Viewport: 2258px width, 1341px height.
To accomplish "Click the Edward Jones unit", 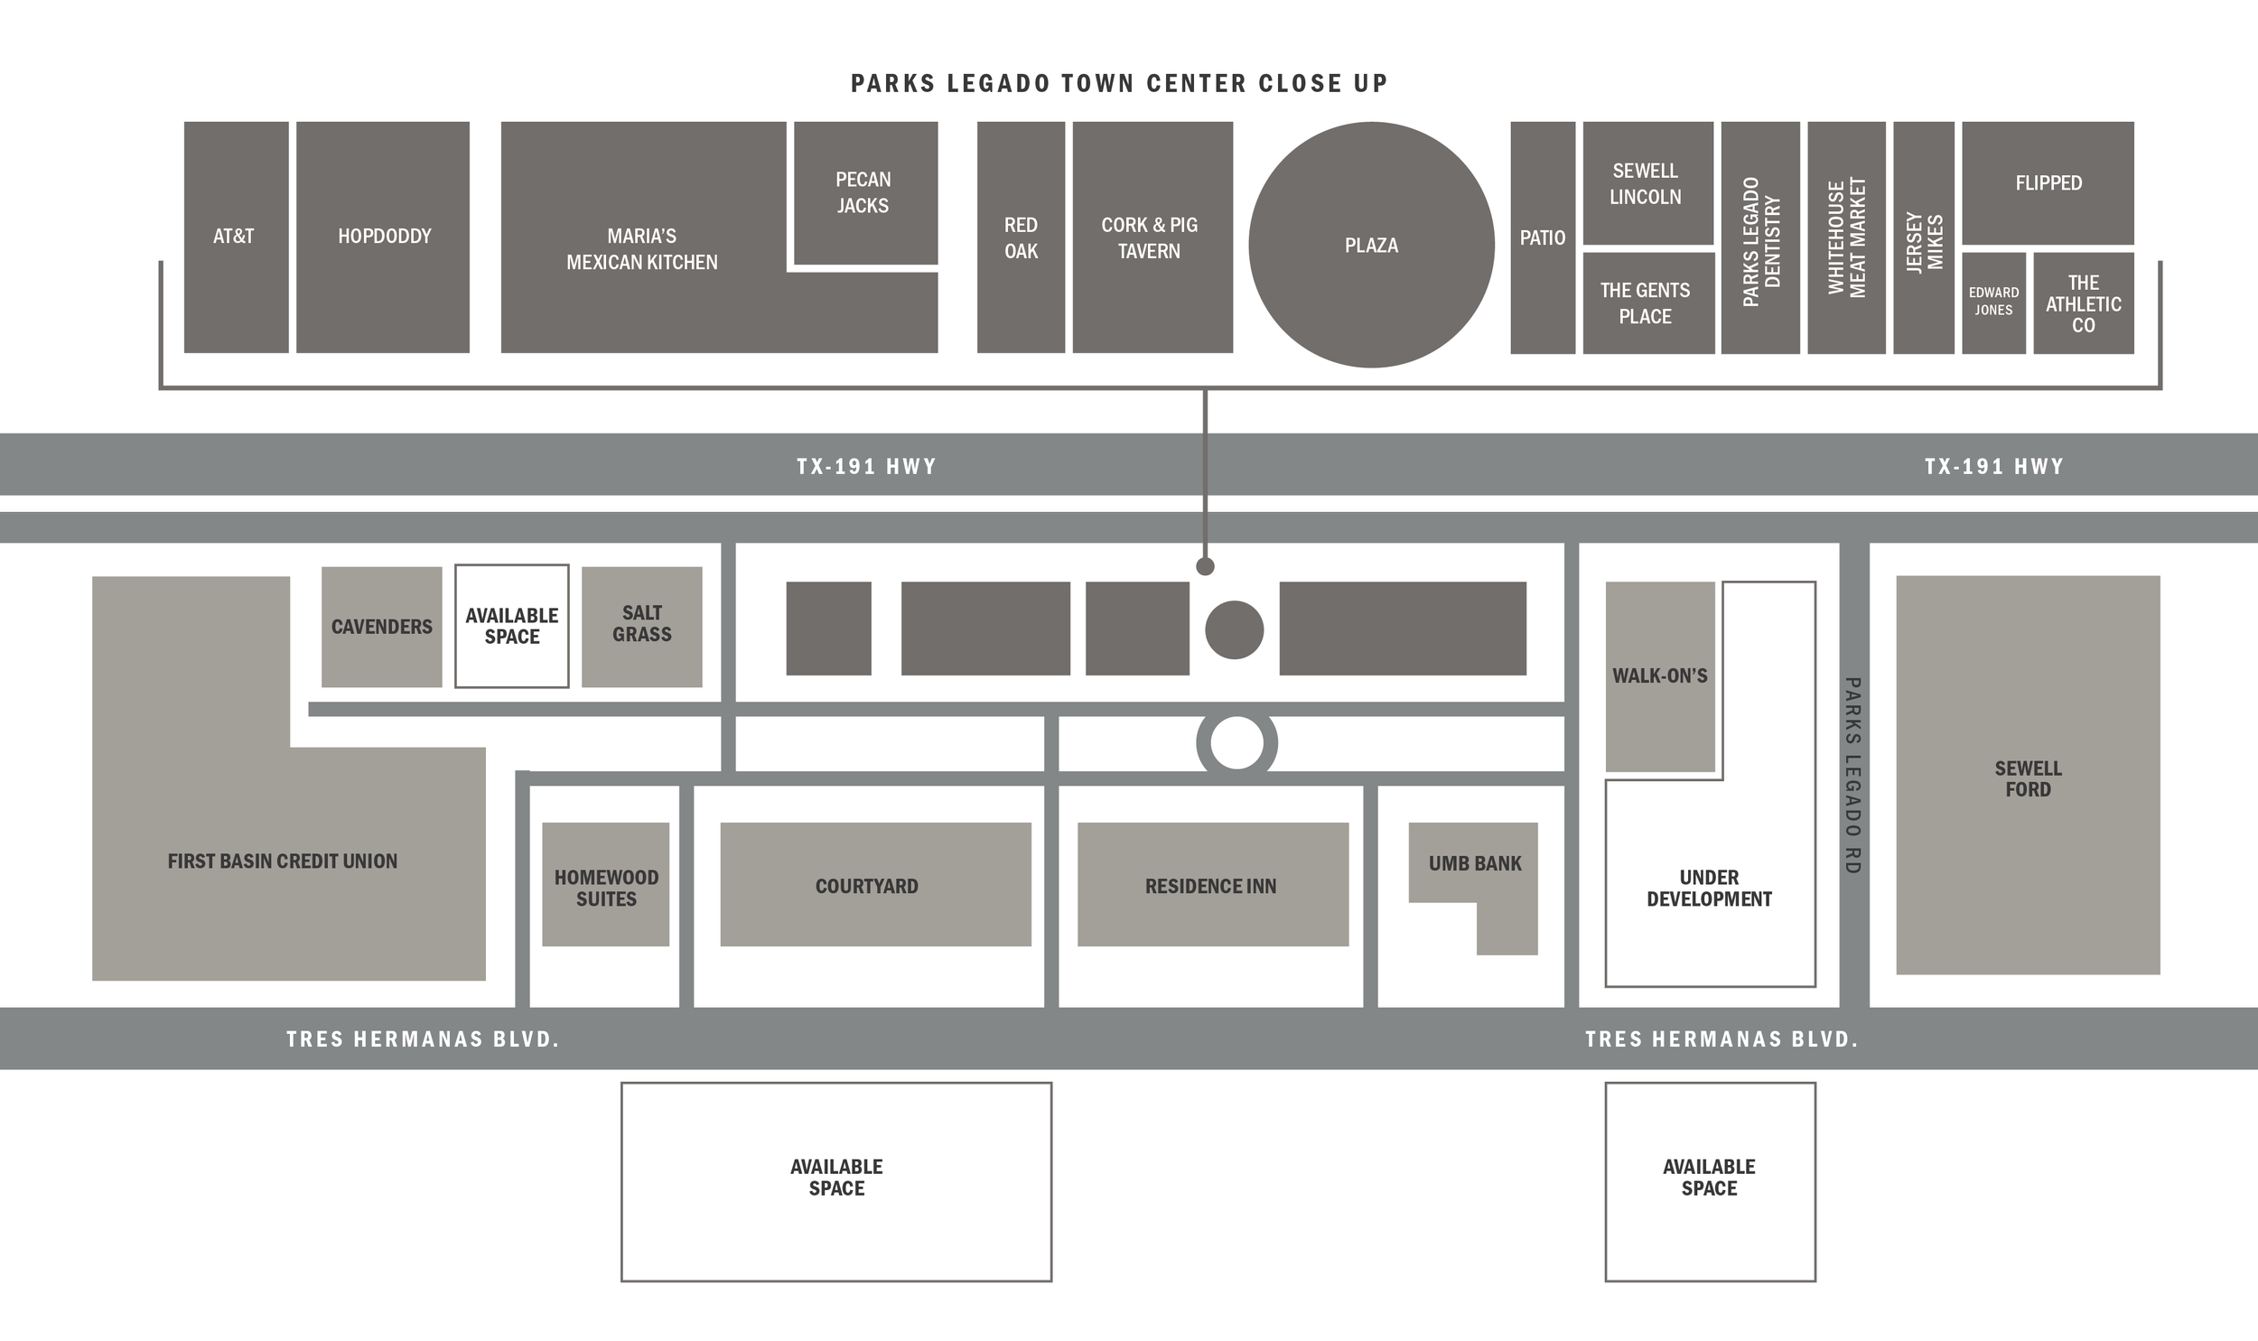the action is pos(1993,302).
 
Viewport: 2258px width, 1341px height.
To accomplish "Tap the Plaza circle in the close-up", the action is pos(1371,245).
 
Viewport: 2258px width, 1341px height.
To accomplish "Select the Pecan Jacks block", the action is pos(864,192).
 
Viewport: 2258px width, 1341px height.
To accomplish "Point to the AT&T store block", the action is pos(236,237).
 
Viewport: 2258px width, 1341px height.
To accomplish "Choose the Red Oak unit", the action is pos(1020,237).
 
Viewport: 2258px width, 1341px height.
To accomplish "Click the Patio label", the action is pos(1543,237).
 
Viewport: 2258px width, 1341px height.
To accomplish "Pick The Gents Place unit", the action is pos(1647,303).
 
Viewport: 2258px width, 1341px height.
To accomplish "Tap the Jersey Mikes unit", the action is pos(1924,238).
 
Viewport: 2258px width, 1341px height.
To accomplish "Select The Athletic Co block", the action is pos(2083,303).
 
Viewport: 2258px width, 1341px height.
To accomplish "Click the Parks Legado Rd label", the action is pos(1852,776).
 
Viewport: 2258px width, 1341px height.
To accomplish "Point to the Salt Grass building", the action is pos(641,625).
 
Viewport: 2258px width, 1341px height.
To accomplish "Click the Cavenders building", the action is pos(381,626).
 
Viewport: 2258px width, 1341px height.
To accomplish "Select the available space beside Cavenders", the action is pos(511,625).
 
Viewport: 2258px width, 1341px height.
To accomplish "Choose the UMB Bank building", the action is pos(1474,863).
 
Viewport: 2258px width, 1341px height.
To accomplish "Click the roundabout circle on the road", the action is pos(1236,743).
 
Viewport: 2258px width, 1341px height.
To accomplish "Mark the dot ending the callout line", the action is pos(1205,566).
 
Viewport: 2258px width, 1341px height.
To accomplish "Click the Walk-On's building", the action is pos(1660,676).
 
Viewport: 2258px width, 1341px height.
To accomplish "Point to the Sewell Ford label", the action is pos(2028,778).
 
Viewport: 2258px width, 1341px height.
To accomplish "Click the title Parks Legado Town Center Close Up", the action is pos(1118,83).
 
